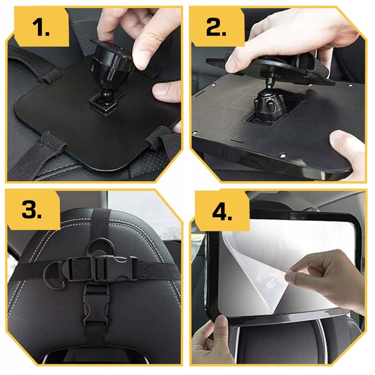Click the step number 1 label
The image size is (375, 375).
click(41, 28)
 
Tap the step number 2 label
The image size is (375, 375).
click(216, 28)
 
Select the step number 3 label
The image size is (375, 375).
click(32, 209)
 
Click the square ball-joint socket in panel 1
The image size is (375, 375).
click(103, 105)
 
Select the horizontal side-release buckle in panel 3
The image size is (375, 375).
click(98, 268)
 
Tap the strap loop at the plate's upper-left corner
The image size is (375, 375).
click(48, 74)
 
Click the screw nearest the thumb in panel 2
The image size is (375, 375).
click(283, 156)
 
